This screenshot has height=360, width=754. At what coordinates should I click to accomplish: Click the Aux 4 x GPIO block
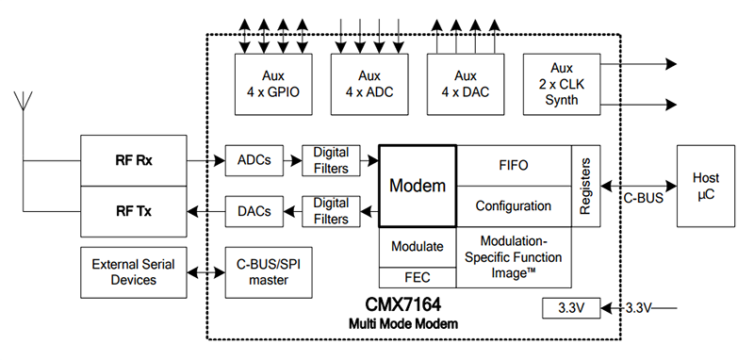click(273, 82)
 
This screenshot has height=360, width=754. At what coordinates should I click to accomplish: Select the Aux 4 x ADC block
click(369, 82)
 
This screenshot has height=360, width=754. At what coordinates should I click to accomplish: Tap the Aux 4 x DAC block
click(466, 82)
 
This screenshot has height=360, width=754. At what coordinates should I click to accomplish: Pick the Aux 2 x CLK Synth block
click(562, 82)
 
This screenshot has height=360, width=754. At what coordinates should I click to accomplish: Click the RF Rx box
click(133, 161)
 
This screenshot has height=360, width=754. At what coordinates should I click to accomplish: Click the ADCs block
click(254, 161)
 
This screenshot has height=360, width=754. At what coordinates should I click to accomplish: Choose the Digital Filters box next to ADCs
click(331, 161)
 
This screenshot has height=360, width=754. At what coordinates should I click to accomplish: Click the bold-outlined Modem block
click(418, 186)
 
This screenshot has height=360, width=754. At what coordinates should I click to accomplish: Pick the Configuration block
click(513, 206)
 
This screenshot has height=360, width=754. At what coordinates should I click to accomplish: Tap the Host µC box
click(706, 186)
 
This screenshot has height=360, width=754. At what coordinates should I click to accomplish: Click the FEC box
click(418, 278)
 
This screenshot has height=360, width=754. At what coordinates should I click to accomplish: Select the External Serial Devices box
click(133, 271)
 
